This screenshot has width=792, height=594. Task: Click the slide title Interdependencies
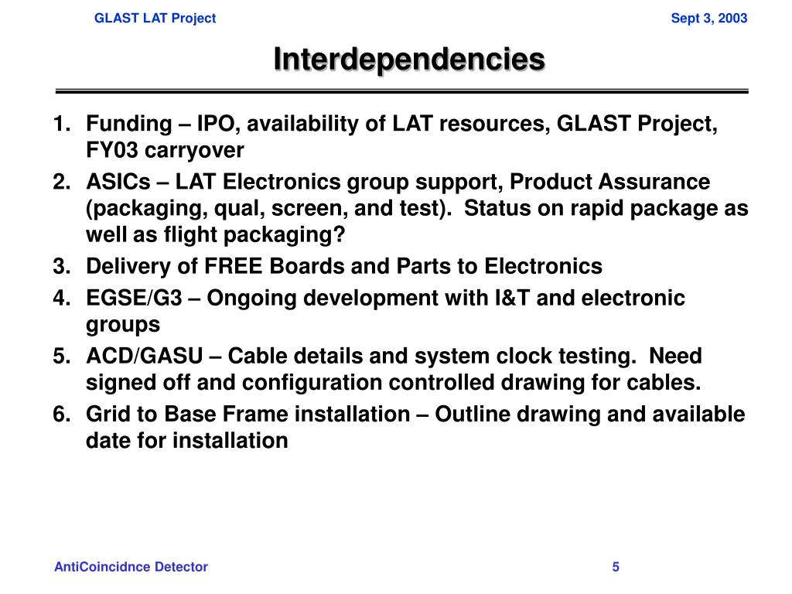tap(409, 59)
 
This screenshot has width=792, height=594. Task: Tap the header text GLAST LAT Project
tap(155, 18)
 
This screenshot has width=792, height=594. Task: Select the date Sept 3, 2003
tap(708, 18)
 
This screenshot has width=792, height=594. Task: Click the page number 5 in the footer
tap(616, 567)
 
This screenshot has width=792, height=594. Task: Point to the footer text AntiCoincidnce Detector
tap(131, 567)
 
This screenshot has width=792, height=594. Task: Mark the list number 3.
tap(61, 267)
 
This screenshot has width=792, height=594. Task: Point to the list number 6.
tap(61, 415)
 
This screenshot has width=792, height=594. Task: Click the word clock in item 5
tap(523, 357)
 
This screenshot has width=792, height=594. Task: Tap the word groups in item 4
tap(123, 324)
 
